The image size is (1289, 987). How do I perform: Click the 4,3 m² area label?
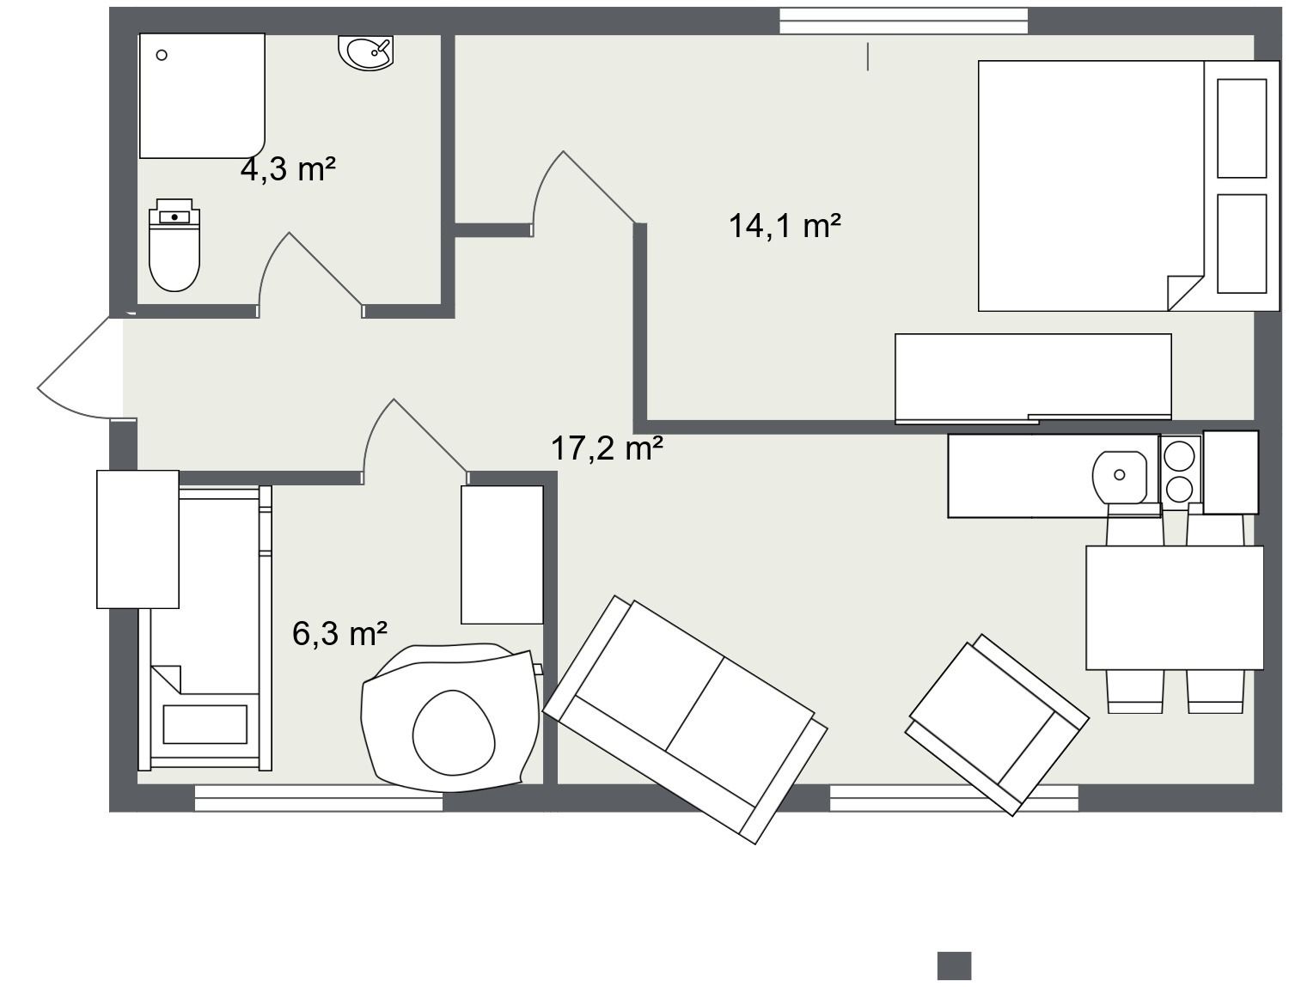coord(288,169)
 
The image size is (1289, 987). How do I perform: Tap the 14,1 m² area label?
coord(785,226)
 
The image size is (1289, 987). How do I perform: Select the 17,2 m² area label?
coord(606,448)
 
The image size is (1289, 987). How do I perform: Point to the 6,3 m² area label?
coord(339,633)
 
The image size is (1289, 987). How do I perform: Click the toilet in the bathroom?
coord(174,245)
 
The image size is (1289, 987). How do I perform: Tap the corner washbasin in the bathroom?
coord(366,52)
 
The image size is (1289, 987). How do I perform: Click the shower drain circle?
coord(162,55)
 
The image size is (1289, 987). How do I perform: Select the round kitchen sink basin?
coord(1120,478)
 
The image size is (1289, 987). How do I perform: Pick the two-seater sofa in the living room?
coord(685,719)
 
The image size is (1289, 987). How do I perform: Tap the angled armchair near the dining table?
coord(997,724)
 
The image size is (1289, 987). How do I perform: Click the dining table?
coord(1174,607)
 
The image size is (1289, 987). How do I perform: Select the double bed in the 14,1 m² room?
coord(1129,186)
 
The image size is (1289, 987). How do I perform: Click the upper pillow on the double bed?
coord(1242,129)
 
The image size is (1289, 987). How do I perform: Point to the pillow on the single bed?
coord(205,724)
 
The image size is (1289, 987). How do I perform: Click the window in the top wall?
coord(903,21)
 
